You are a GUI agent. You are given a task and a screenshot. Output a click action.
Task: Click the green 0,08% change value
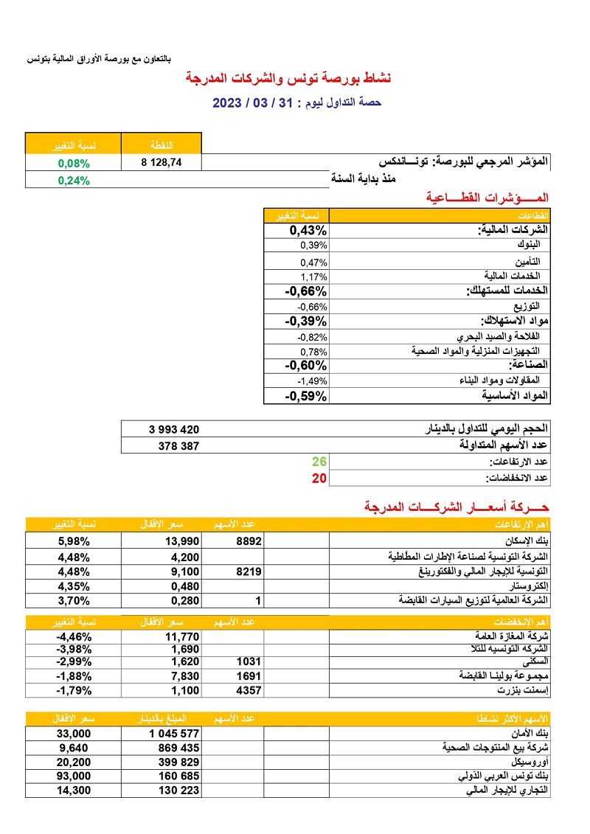[x=74, y=164]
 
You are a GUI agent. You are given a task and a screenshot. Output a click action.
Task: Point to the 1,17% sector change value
[x=313, y=276]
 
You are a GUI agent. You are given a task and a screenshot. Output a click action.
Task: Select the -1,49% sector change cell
[x=312, y=380]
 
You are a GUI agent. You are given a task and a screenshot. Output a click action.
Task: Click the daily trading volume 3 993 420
[x=174, y=429]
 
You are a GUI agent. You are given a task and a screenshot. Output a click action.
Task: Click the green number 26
[x=319, y=462]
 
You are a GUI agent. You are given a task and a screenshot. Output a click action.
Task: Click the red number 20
[x=319, y=478]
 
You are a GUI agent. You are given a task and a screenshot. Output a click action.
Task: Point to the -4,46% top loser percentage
[x=74, y=636]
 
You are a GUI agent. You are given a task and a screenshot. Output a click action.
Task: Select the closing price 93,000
[x=74, y=776]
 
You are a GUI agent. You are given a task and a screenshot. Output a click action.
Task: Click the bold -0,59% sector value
[x=305, y=396]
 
